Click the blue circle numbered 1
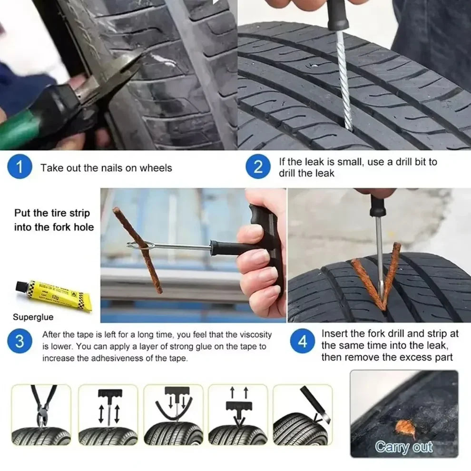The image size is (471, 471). point(20,167)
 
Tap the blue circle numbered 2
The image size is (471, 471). point(258,167)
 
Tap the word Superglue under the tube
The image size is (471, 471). point(33,317)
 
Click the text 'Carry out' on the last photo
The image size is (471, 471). point(403,447)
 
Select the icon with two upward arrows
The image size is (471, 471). point(238,414)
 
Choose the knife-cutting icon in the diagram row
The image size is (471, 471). point(303,414)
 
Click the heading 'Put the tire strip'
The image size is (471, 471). point(52,213)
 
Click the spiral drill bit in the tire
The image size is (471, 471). point(343,81)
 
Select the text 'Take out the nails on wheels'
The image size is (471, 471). point(106,168)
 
